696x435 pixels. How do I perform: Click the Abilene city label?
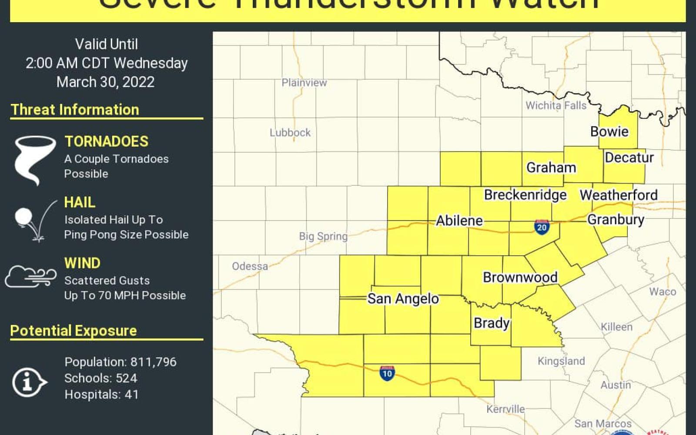tap(459, 221)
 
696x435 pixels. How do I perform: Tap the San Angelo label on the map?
tap(403, 299)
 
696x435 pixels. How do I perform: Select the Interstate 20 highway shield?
tap(542, 227)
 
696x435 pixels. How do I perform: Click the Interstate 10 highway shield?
tap(387, 373)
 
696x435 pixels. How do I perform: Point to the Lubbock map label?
tap(290, 133)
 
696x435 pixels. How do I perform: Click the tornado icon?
tap(34, 159)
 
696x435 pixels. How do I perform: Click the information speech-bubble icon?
tap(29, 382)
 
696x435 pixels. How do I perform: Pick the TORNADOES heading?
tap(107, 141)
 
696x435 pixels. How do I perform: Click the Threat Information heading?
tap(75, 110)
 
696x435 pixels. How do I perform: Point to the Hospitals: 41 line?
tap(101, 395)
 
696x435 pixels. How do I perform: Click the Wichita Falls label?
tap(555, 105)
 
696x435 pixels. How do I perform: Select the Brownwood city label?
tap(520, 277)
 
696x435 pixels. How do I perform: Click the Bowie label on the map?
tap(609, 131)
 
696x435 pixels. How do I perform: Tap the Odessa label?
tap(250, 266)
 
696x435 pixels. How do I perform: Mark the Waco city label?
tap(663, 291)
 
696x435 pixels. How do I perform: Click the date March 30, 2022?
tap(106, 82)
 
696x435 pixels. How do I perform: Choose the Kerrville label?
tap(505, 409)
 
